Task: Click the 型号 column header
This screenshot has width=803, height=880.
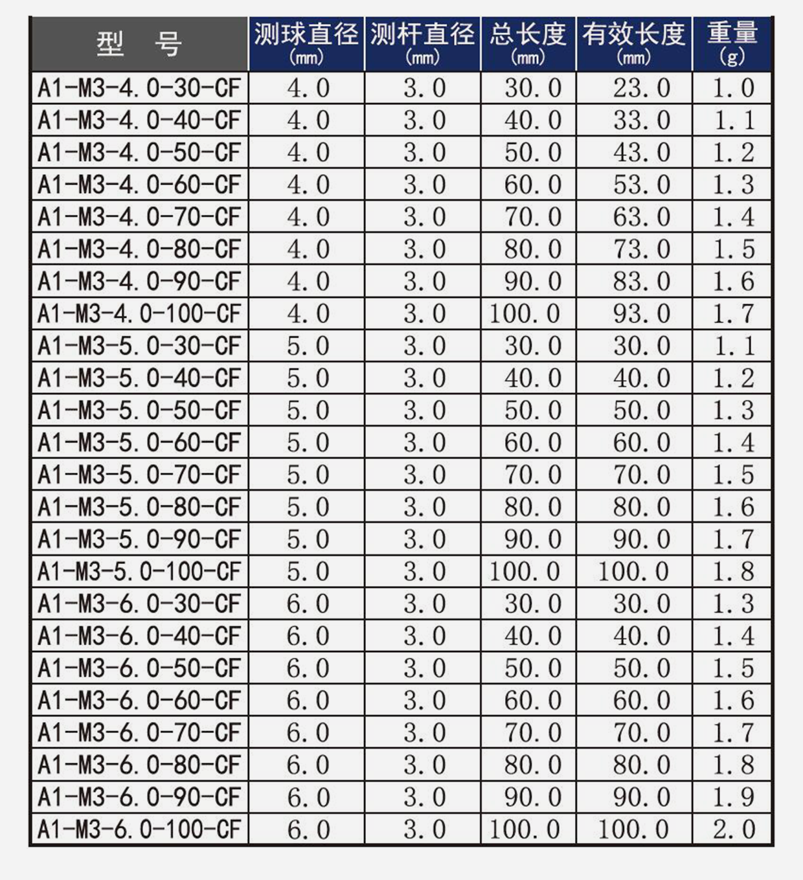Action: click(x=139, y=44)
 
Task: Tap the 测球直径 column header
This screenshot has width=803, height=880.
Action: click(x=306, y=43)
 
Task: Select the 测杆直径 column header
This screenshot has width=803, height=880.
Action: click(x=422, y=43)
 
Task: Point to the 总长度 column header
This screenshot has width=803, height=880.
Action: click(x=528, y=43)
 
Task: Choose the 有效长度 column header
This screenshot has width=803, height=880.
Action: click(x=633, y=43)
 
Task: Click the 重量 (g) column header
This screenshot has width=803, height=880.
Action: click(x=732, y=43)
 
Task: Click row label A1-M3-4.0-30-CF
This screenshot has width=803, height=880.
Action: click(x=139, y=88)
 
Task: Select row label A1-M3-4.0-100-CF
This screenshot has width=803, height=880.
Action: click(x=139, y=313)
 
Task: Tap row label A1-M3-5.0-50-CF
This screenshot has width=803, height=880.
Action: click(x=139, y=411)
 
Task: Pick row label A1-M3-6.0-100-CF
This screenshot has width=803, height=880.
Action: click(x=139, y=829)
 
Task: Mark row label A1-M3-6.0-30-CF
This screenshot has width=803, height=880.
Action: click(x=139, y=604)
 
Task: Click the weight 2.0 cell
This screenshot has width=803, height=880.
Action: click(x=733, y=829)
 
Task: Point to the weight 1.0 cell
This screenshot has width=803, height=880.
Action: click(x=733, y=88)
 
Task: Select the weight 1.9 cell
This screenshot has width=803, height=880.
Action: click(x=733, y=797)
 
